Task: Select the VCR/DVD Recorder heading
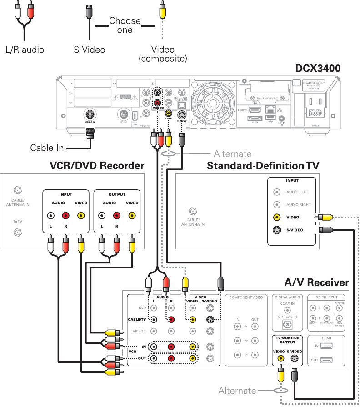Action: pos(96,166)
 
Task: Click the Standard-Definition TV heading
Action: pos(263,166)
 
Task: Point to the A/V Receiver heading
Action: pos(316,282)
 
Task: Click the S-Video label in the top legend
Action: pos(90,50)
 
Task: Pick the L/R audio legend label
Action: pos(25,50)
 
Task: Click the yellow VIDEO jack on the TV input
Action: pos(276,217)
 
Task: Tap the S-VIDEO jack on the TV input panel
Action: pos(276,230)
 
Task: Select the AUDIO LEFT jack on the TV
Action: pos(276,192)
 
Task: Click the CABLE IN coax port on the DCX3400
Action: pos(90,114)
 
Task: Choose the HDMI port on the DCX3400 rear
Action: pos(255,110)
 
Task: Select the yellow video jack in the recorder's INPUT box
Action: pos(80,216)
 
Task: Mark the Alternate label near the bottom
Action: pos(237,391)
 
